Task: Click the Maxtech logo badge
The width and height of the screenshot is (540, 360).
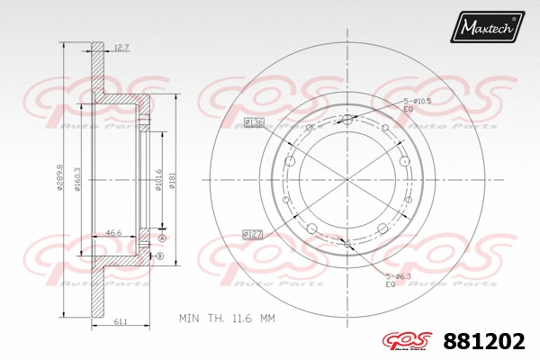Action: pyautogui.click(x=487, y=28)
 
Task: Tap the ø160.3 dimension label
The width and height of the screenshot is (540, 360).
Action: pyautogui.click(x=79, y=181)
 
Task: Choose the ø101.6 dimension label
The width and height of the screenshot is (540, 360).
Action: pyautogui.click(x=157, y=181)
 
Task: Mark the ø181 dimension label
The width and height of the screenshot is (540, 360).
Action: pyautogui.click(x=172, y=181)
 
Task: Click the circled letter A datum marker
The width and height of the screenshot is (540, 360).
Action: pyautogui.click(x=162, y=238)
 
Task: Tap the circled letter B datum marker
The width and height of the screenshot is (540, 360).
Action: pyautogui.click(x=160, y=257)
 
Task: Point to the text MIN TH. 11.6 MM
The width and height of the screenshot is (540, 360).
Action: pyautogui.click(x=226, y=319)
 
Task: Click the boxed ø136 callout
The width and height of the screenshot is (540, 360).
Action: pyautogui.click(x=254, y=121)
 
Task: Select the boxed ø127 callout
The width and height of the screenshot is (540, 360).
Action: pyautogui.click(x=253, y=234)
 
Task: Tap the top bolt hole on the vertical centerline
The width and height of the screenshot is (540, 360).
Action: pyautogui.click(x=348, y=120)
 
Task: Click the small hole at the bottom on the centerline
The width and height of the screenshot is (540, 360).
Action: pyautogui.click(x=348, y=240)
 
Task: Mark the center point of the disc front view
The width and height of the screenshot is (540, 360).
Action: pyautogui.click(x=348, y=181)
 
